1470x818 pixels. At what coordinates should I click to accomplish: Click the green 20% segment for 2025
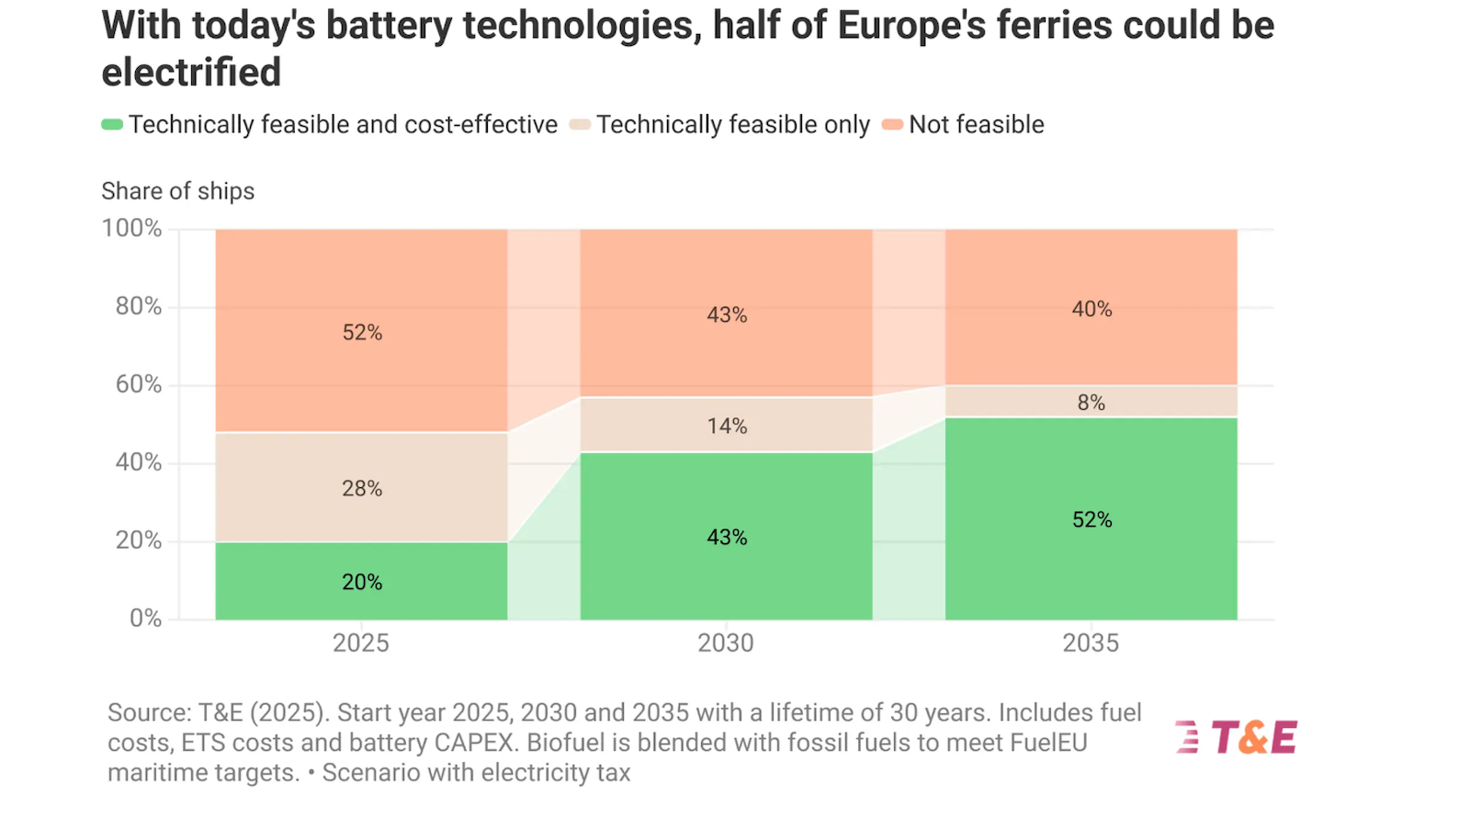coord(361,581)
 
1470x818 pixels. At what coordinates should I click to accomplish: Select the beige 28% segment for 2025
coord(361,487)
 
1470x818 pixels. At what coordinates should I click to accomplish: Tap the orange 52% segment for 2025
coord(361,331)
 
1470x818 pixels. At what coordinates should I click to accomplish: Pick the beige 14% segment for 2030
coord(726,425)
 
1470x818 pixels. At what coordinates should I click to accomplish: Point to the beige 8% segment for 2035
coord(1091,402)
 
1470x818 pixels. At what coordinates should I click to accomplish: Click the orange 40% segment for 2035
coord(1091,308)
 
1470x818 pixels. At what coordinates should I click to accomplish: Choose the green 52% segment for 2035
coord(1091,519)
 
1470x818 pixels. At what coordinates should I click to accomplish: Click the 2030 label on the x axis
coord(726,642)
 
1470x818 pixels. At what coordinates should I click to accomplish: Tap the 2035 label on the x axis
coord(1091,642)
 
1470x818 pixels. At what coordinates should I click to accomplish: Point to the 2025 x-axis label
coord(361,642)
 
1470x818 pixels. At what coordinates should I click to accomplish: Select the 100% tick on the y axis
coord(131,228)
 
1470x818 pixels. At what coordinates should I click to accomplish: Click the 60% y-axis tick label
coord(138,384)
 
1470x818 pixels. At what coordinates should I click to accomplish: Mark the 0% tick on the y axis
coord(145,618)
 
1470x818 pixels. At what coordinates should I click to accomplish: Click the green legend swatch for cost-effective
coord(112,125)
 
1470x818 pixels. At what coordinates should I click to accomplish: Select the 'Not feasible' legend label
coord(976,125)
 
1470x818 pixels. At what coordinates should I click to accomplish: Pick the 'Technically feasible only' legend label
coord(732,125)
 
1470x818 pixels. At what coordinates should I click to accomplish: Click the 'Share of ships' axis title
coord(177,191)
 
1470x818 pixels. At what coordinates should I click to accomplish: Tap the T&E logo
coord(1237,737)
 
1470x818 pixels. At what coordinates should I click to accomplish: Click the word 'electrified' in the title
coord(191,73)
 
